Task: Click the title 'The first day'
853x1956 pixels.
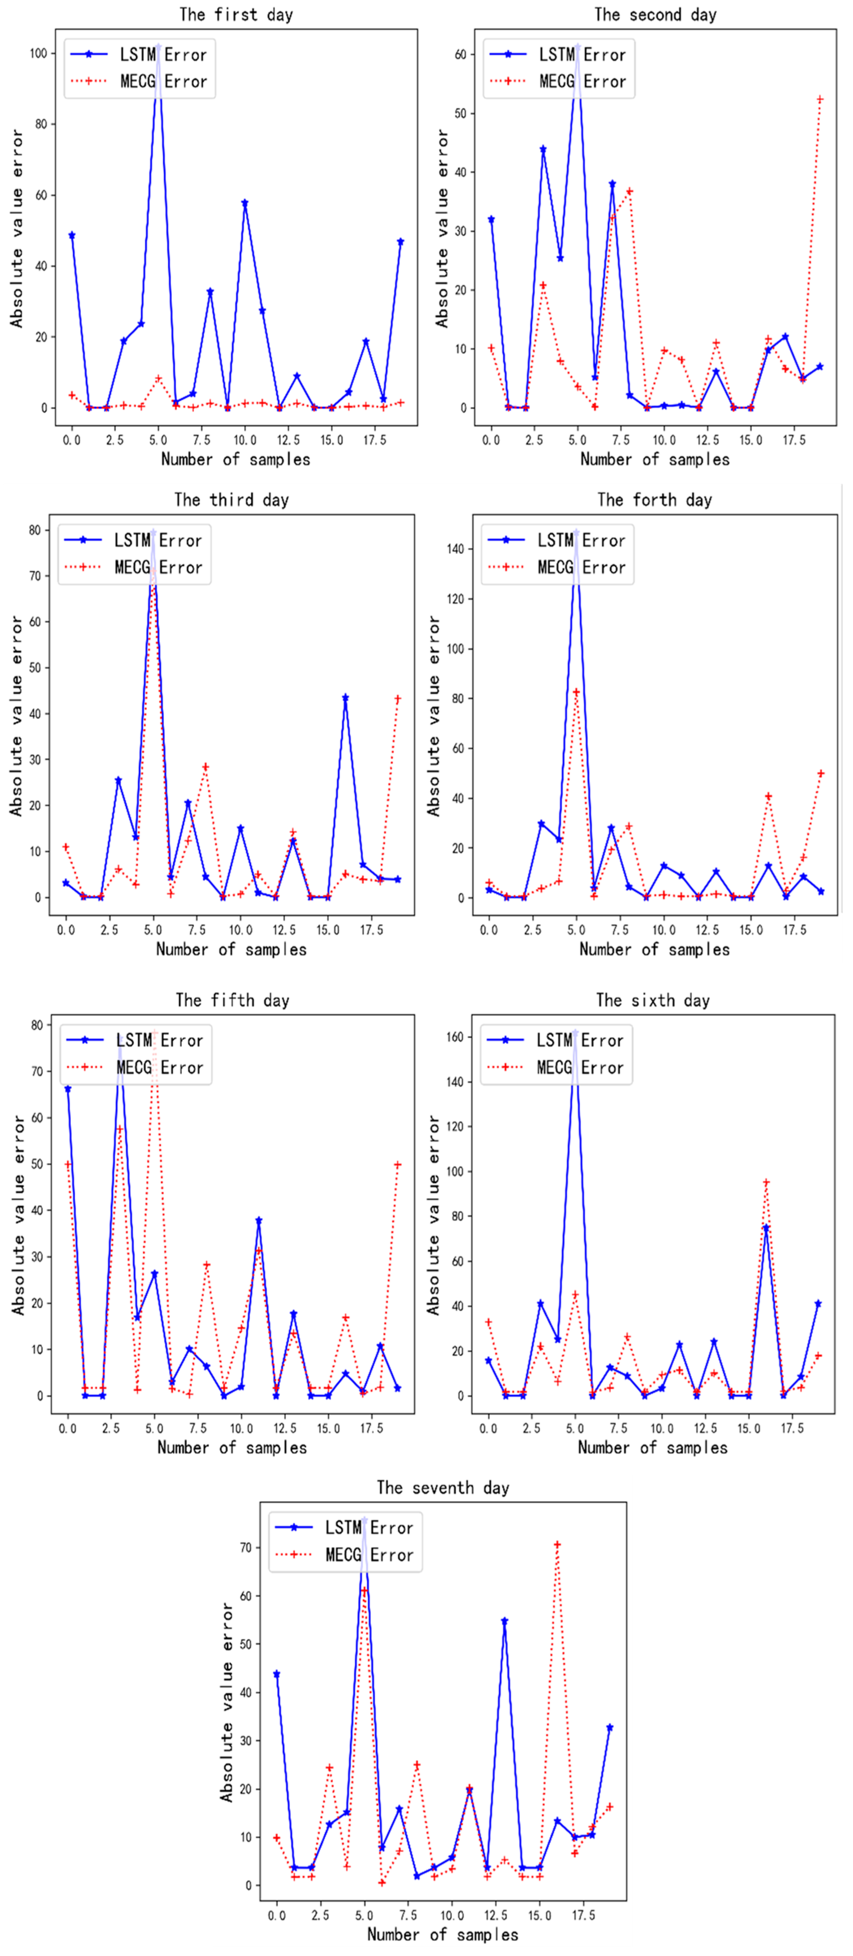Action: pyautogui.click(x=236, y=14)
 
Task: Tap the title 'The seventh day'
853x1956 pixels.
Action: pyautogui.click(x=443, y=1487)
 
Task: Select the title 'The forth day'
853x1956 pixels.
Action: pyautogui.click(x=654, y=500)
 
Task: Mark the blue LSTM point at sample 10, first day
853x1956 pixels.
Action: pyautogui.click(x=244, y=204)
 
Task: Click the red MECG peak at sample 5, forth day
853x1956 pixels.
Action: pyautogui.click(x=577, y=692)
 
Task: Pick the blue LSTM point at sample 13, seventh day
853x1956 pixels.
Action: pyautogui.click(x=504, y=1620)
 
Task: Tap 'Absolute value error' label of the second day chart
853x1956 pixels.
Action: pyautogui.click(x=442, y=228)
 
